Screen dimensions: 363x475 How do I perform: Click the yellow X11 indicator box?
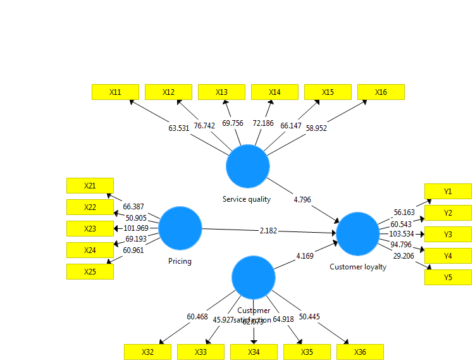(115, 92)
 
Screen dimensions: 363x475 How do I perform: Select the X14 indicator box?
(275, 92)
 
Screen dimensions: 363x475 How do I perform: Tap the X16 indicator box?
(381, 92)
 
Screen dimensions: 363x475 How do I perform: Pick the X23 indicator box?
(90, 228)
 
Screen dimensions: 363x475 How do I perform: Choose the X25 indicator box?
(90, 271)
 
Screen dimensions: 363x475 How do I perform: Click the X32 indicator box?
(147, 352)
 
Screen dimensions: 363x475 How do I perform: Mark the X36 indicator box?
(361, 352)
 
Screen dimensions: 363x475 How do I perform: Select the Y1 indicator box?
(448, 192)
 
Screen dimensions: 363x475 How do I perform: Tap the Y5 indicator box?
(448, 278)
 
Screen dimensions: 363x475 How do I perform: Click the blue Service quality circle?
(248, 166)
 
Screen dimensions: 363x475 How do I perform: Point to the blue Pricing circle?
(180, 228)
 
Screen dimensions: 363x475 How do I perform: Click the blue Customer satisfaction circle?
(253, 278)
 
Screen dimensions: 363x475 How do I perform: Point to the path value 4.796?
(303, 200)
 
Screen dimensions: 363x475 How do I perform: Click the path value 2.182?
(268, 231)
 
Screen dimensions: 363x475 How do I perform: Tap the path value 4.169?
(305, 256)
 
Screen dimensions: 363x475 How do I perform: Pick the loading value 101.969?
(137, 228)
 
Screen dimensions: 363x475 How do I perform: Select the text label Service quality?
(247, 199)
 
